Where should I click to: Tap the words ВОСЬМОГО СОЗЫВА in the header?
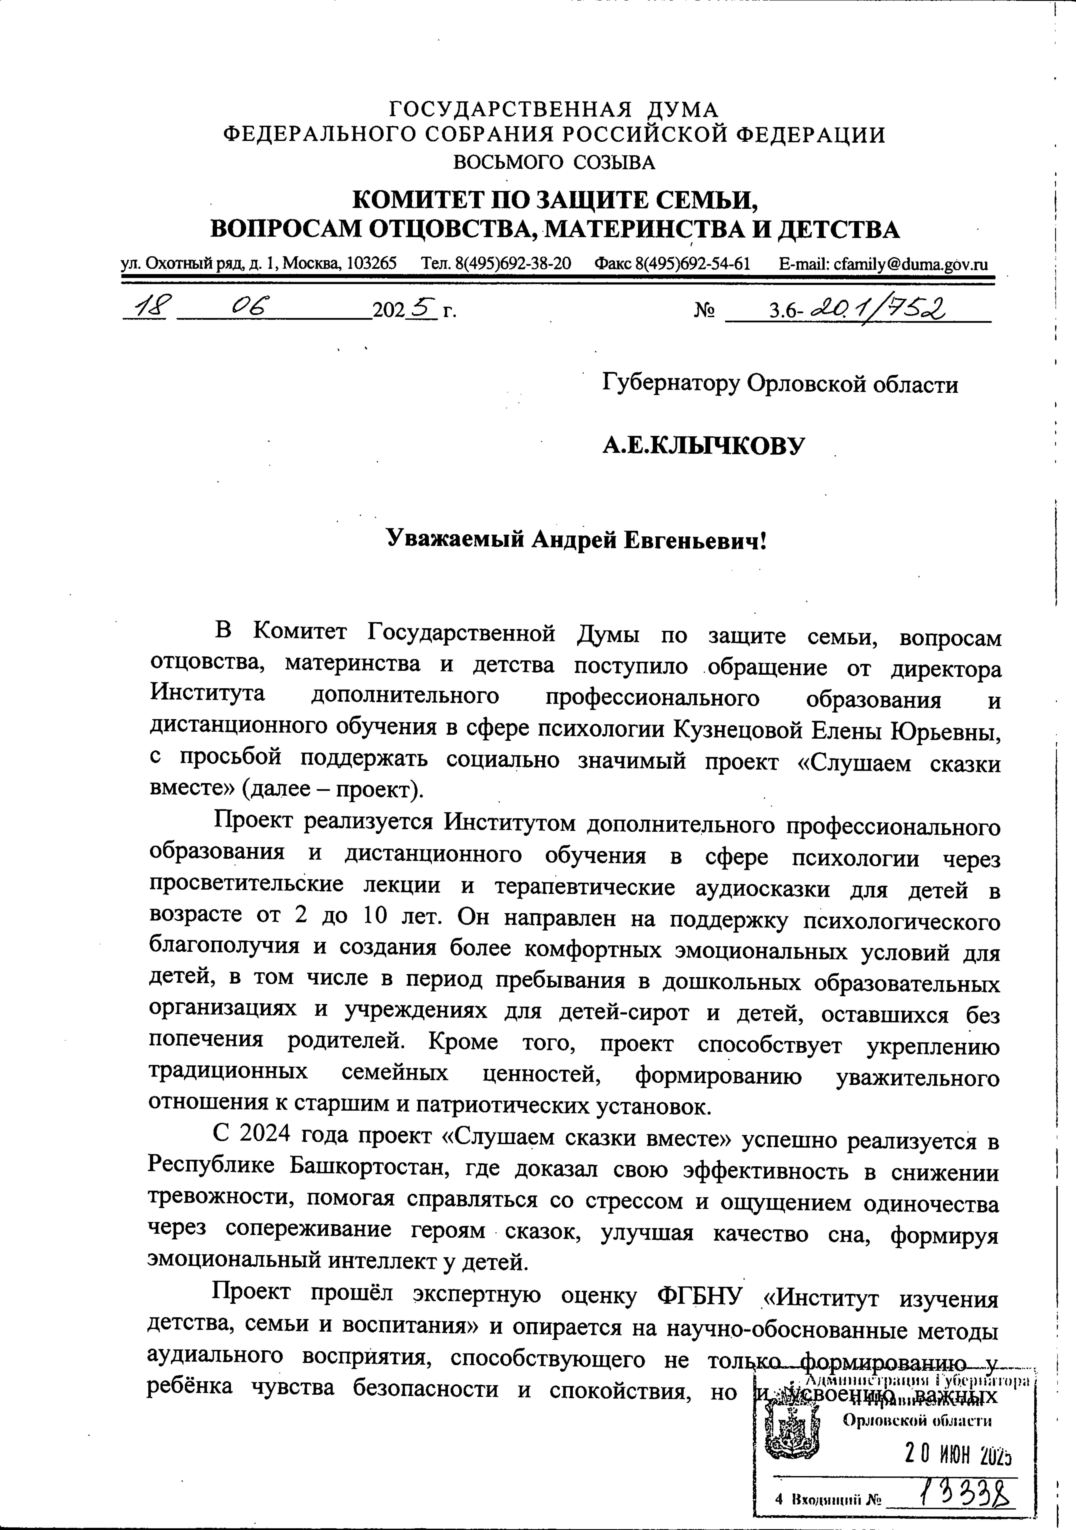click(x=554, y=162)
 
